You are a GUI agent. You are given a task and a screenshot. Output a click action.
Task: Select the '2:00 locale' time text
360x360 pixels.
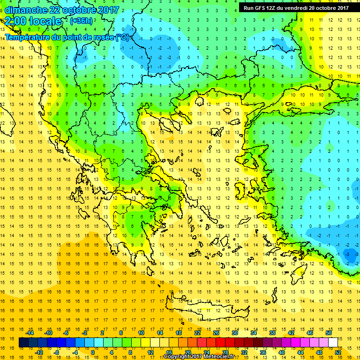[34, 21]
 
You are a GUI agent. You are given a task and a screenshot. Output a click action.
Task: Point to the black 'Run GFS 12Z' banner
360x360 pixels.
[296, 7]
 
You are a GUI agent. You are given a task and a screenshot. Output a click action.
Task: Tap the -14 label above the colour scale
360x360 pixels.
[30, 333]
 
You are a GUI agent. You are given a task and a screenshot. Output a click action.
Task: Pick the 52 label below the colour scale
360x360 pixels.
[338, 352]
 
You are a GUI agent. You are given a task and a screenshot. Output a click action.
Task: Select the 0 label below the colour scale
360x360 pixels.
[93, 352]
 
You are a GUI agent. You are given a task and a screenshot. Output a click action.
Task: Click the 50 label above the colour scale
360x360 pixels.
[328, 333]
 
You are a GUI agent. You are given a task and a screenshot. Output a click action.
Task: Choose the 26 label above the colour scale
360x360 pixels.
[216, 333]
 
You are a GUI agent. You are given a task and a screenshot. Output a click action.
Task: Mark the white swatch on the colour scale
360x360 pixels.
[333, 343]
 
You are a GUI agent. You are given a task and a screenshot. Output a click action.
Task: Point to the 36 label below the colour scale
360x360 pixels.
[262, 352]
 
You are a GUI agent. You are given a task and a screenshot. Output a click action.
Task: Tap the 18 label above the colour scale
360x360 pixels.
[178, 333]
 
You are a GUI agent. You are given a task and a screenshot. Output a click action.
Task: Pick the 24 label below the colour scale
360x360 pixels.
[206, 352]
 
